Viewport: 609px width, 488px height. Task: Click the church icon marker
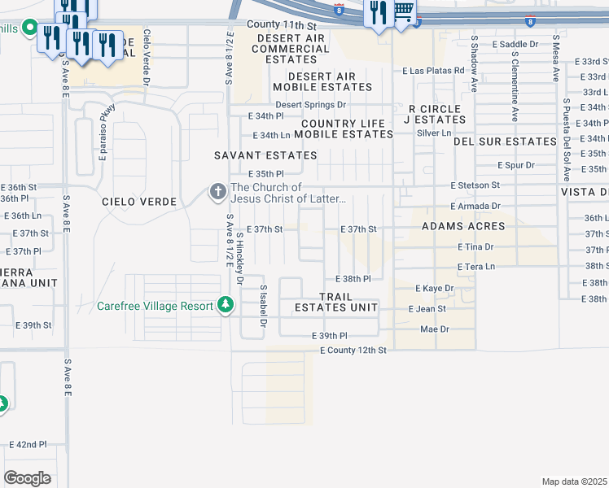pos(217,192)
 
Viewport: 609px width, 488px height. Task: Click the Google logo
pos(27,478)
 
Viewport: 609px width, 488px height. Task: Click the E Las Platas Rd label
pos(432,72)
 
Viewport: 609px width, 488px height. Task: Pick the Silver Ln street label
pos(433,133)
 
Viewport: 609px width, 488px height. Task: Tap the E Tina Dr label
pos(475,246)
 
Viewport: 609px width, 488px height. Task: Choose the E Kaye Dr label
pos(434,289)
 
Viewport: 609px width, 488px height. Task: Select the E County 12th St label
pos(352,350)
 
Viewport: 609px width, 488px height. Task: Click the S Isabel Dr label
pos(263,306)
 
